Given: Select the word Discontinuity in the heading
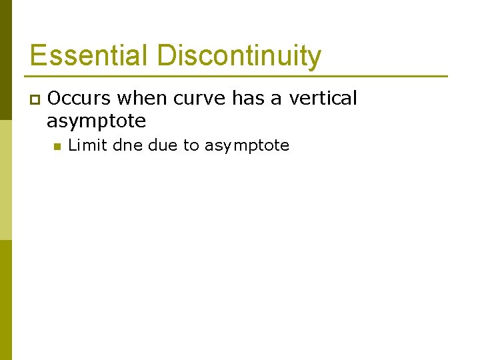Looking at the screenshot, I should tap(239, 55).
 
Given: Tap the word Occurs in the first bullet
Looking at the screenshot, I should tap(79, 99).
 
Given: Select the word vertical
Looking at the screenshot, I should tap(323, 99).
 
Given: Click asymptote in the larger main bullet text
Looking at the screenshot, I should tap(96, 121).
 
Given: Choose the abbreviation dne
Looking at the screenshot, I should tap(128, 145).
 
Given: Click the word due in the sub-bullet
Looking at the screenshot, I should tap(162, 145).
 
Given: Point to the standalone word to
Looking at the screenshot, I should tap(191, 145).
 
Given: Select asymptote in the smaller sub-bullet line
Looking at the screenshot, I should tap(247, 146).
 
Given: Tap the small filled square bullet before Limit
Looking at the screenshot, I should tap(57, 146).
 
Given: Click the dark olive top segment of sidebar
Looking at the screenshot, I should tap(5, 60).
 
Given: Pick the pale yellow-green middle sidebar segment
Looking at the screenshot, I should tap(5, 180).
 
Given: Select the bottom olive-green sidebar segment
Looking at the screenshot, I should tap(5, 300).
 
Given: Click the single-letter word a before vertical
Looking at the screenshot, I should tap(275, 99).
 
